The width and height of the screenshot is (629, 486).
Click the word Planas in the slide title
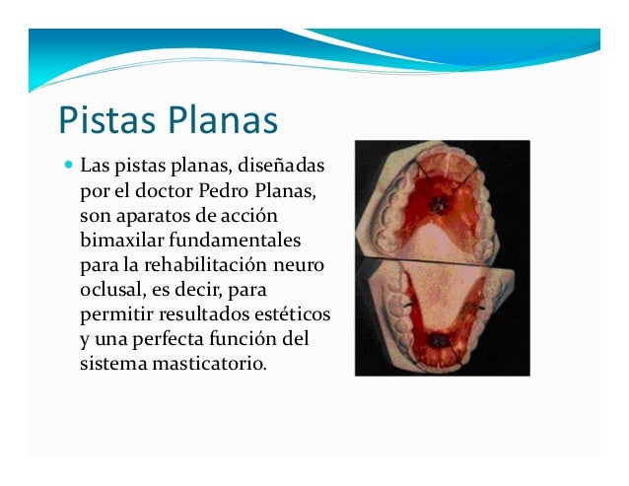point(221,121)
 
